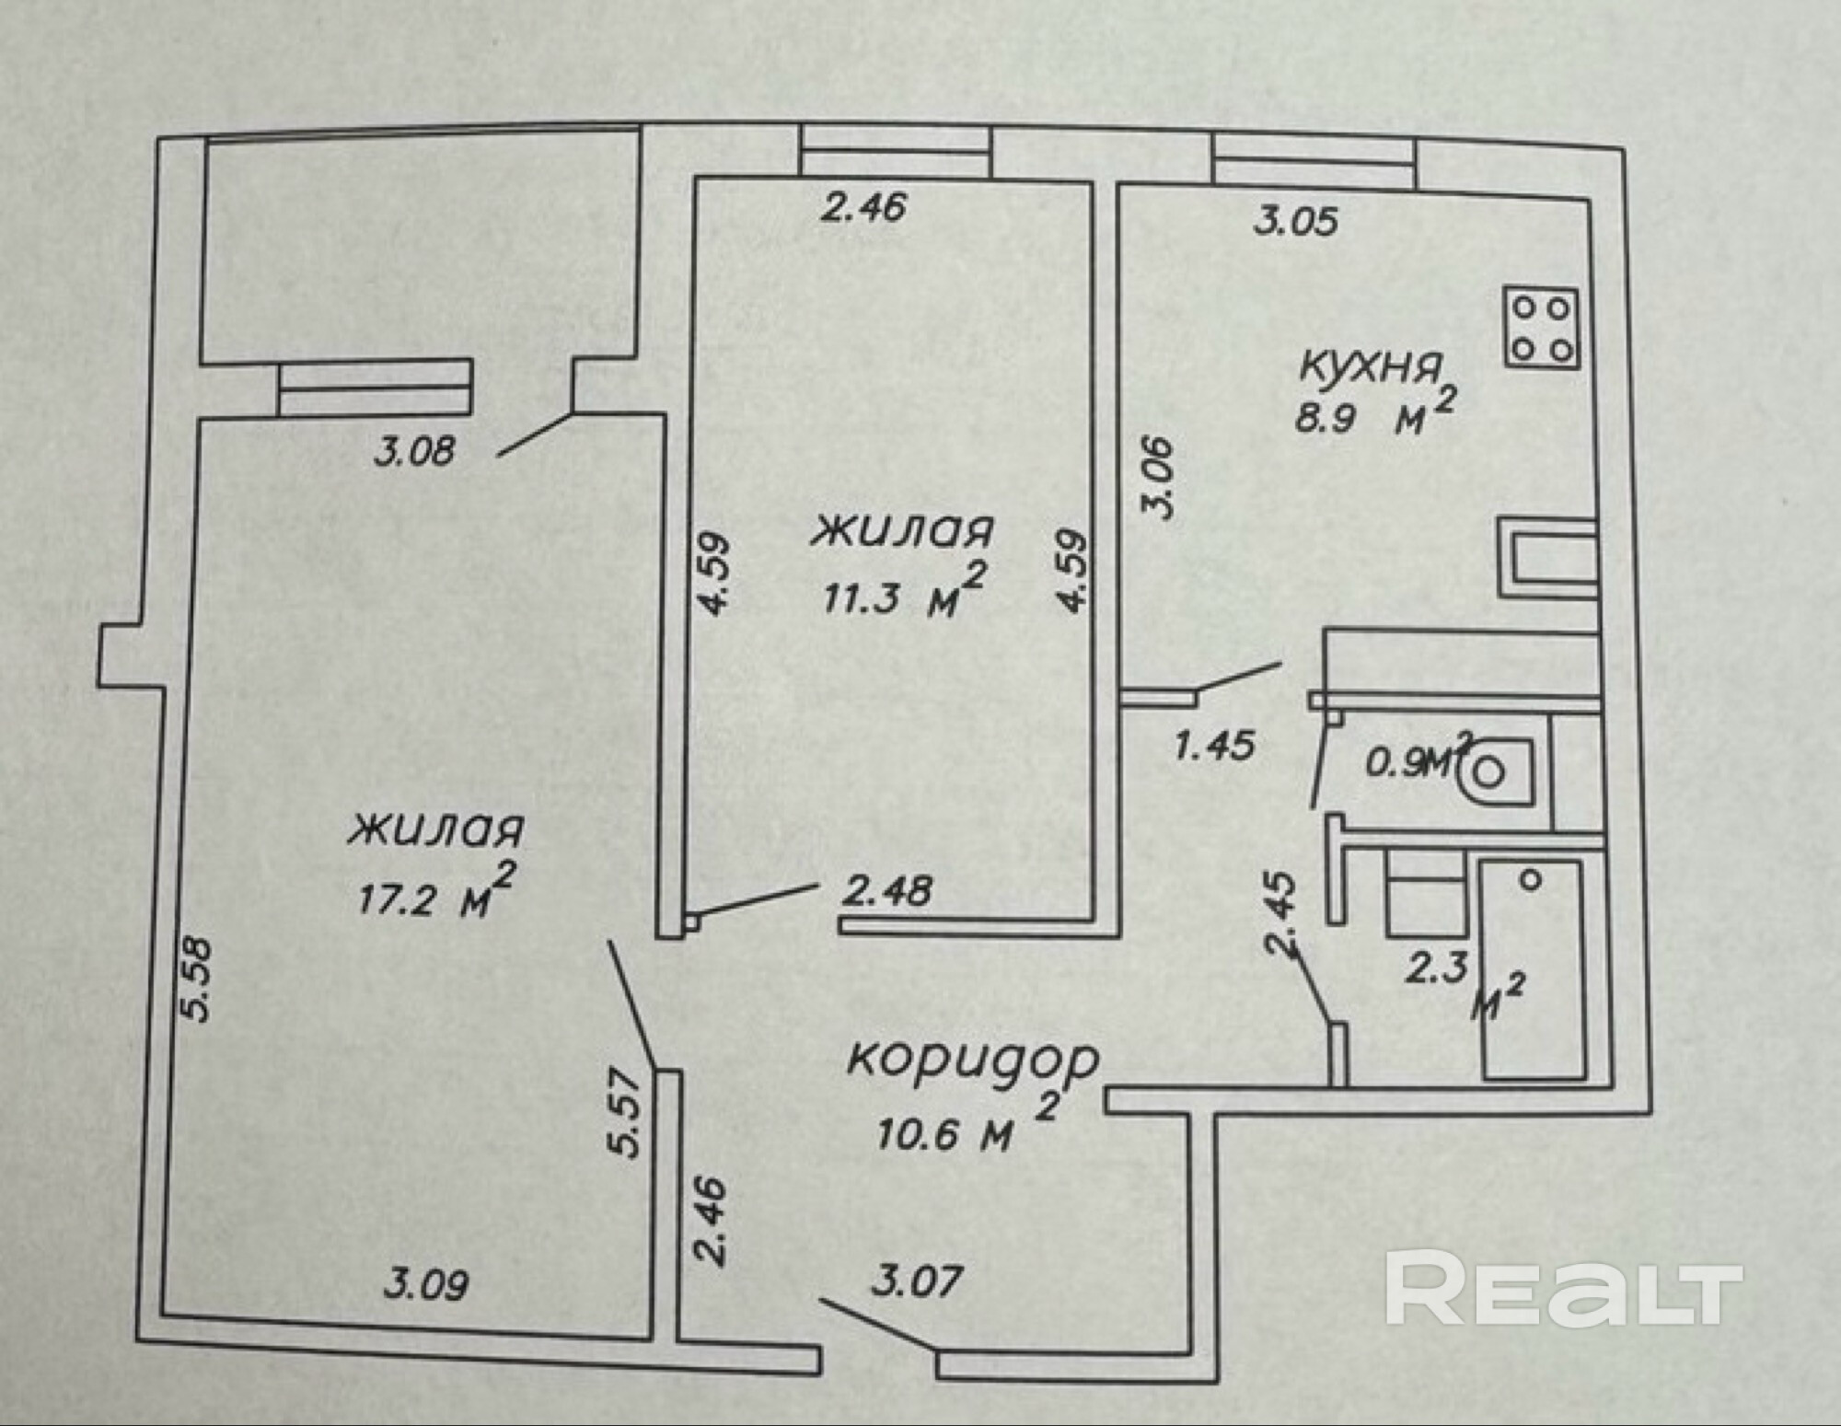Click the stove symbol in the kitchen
point(1541,330)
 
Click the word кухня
point(1369,366)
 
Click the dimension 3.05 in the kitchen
point(1295,222)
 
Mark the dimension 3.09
point(425,1284)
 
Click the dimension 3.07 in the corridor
point(916,1281)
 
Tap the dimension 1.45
point(1214,744)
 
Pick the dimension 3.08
point(414,452)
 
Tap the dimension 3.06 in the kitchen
point(1158,476)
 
